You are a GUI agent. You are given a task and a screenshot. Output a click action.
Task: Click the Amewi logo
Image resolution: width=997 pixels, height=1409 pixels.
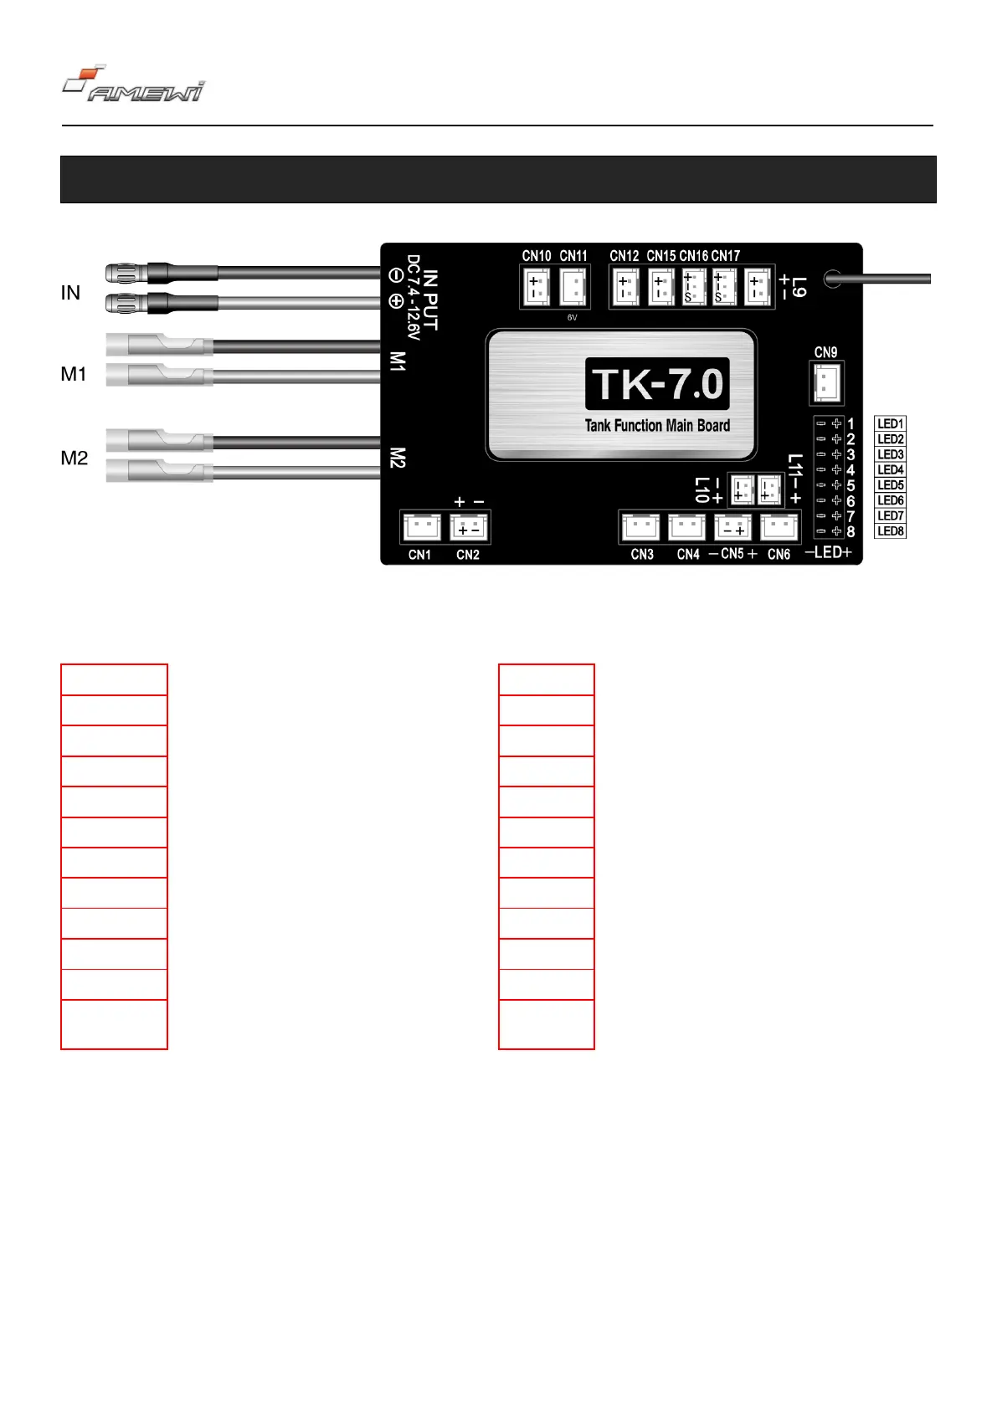133,85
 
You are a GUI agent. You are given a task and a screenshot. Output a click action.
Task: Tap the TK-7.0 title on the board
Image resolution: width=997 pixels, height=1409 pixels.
657,384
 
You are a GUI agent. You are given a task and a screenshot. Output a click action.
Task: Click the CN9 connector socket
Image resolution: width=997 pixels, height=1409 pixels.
826,383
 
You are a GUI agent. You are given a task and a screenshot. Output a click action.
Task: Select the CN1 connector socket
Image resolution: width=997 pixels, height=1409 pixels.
422,527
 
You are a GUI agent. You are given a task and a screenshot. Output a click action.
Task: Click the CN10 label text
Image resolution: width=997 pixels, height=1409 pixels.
537,256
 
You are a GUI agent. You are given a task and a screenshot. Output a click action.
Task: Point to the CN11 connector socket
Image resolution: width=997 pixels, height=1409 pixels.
573,288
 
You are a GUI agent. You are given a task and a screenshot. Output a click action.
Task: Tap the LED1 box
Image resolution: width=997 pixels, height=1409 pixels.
890,424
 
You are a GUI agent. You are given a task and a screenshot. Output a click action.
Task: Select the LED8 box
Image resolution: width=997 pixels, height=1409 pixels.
890,531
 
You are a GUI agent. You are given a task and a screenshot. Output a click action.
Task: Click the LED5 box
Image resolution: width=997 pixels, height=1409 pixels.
890,485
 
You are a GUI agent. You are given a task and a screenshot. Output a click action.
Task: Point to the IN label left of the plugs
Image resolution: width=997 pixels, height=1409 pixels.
70,293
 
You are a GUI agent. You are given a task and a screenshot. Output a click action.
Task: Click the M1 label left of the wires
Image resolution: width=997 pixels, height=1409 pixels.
74,374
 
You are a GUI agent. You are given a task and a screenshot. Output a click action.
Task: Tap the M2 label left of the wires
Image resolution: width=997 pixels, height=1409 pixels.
74,459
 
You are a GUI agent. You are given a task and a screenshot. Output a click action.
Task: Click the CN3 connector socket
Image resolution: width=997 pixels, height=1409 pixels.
641,527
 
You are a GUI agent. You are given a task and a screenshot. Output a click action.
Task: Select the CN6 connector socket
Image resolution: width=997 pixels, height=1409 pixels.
779,527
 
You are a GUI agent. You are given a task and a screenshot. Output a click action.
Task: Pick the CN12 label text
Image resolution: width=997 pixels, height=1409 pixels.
624,256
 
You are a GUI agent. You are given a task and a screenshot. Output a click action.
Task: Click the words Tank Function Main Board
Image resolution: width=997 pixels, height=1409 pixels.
657,426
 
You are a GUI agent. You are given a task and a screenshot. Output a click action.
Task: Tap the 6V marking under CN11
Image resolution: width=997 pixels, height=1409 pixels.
573,318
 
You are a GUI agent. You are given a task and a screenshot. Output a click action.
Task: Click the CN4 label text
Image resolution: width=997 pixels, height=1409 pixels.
688,555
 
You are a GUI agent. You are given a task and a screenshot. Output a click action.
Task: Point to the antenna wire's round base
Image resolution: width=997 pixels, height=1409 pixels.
833,279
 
